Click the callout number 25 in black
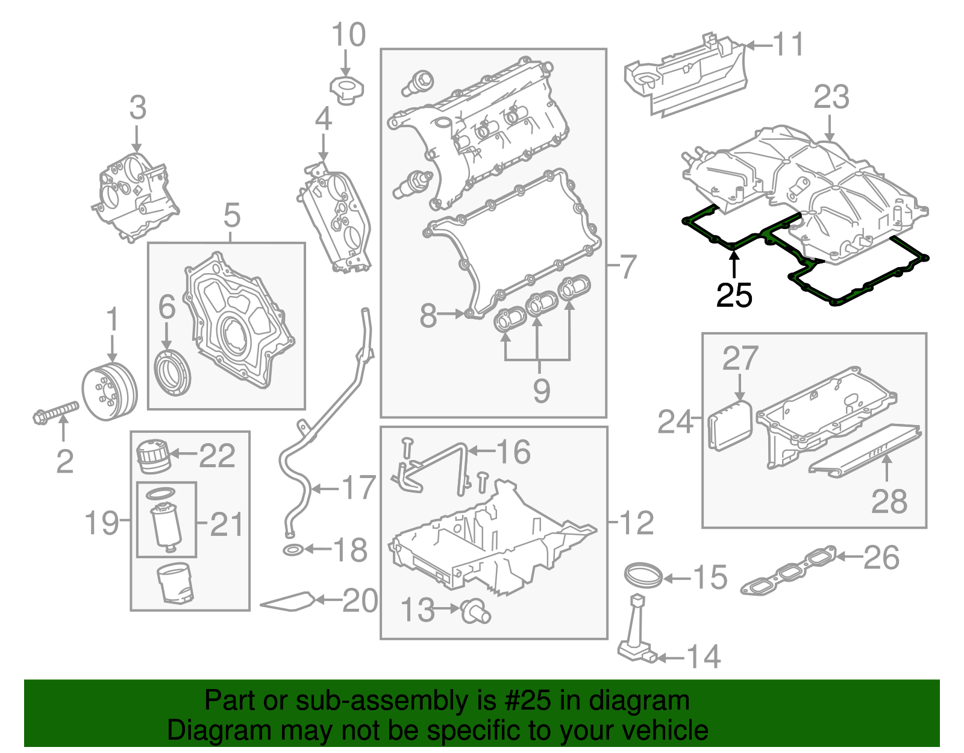pyautogui.click(x=734, y=295)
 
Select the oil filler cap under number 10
pyautogui.click(x=346, y=89)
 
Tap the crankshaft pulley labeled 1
pyautogui.click(x=110, y=392)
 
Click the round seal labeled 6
pyautogui.click(x=173, y=372)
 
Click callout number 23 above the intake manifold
pyautogui.click(x=831, y=98)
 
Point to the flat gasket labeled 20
pyautogui.click(x=289, y=602)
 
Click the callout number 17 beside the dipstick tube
pyautogui.click(x=358, y=487)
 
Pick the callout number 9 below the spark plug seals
pyautogui.click(x=540, y=390)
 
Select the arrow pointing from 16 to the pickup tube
pyautogui.click(x=481, y=450)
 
